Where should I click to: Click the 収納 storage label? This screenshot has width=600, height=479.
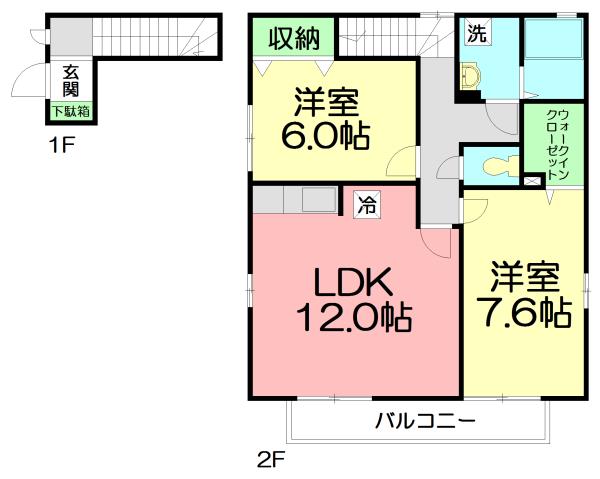tap(294, 39)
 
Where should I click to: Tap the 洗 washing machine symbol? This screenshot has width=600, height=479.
tap(477, 32)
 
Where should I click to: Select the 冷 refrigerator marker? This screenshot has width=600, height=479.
tap(367, 206)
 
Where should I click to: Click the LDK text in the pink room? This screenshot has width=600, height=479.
tap(353, 281)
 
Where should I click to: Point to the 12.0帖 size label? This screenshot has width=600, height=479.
tap(353, 319)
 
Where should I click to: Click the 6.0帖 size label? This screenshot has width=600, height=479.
tap(325, 133)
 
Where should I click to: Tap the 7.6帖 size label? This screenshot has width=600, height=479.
tap(523, 312)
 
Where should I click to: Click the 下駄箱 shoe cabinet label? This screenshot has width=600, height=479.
tap(71, 111)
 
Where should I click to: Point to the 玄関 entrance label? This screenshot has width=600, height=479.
tap(71, 81)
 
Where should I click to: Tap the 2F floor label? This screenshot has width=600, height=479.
tap(270, 462)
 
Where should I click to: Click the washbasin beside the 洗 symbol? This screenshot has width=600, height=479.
tap(469, 75)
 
